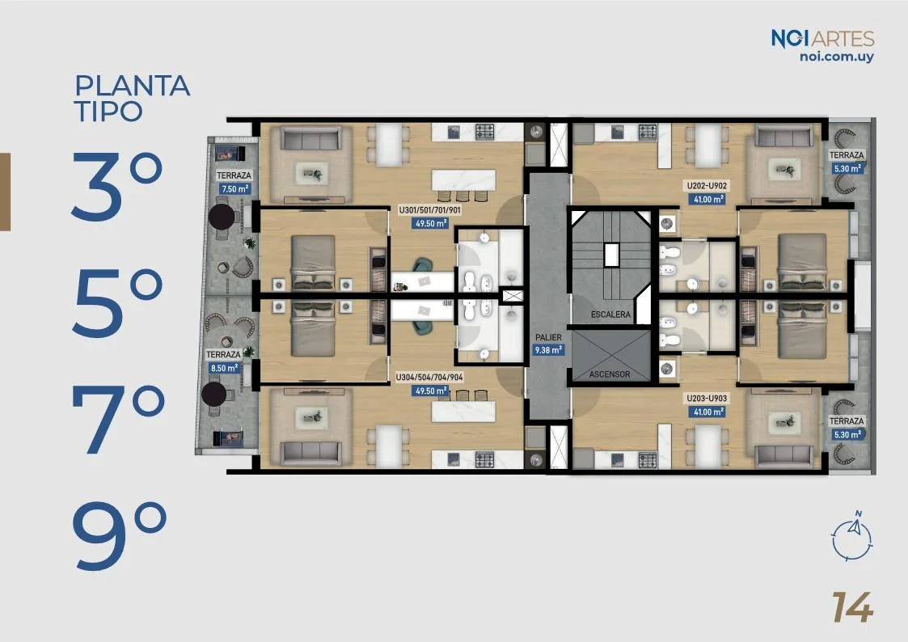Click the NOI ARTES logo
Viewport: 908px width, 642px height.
click(x=822, y=39)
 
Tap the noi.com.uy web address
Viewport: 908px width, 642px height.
click(x=836, y=57)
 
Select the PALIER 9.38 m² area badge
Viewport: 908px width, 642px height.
click(x=548, y=350)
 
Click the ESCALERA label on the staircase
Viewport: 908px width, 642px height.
click(x=610, y=315)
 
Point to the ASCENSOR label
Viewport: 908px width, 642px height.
click(x=609, y=374)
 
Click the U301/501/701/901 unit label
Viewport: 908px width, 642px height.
click(x=429, y=210)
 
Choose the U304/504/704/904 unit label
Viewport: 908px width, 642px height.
click(x=429, y=378)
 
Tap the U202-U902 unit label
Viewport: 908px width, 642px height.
click(x=707, y=186)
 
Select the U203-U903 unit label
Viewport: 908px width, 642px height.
click(x=707, y=399)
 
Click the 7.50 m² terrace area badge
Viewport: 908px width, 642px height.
click(x=234, y=188)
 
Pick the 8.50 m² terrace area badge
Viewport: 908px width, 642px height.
click(x=224, y=368)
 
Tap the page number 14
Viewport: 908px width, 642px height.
click(x=852, y=607)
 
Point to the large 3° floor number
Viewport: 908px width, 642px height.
click(x=117, y=187)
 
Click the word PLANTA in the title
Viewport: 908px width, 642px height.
click(x=133, y=86)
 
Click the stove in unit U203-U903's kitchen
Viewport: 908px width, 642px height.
click(x=648, y=461)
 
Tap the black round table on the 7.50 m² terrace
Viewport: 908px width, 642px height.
click(x=222, y=217)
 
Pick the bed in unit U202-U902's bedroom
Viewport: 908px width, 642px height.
click(x=802, y=262)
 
